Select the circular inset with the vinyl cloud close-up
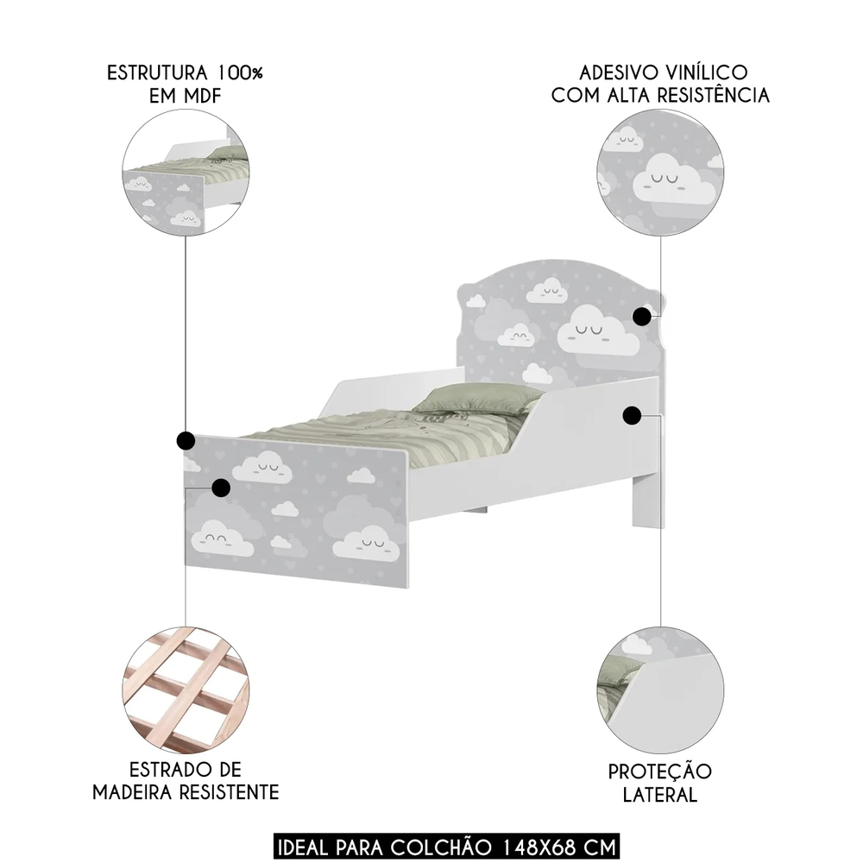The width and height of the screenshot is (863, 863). coord(660,173)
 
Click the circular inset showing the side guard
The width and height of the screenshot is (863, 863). coord(660,691)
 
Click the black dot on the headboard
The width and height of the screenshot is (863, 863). coord(641,317)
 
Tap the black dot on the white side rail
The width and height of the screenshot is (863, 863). coord(631,416)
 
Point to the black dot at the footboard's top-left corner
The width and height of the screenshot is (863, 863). coord(185,442)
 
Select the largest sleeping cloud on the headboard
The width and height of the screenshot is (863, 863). coord(598,335)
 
